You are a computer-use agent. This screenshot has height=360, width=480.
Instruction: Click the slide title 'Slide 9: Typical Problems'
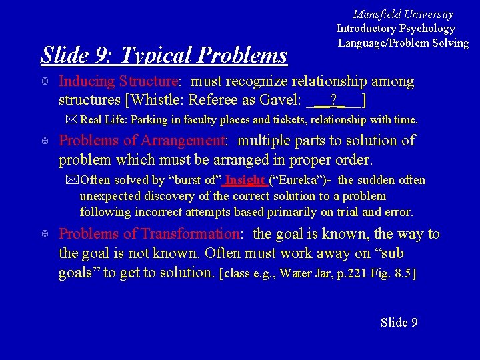coord(164,55)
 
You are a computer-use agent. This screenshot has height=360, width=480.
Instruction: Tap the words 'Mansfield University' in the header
coord(403,14)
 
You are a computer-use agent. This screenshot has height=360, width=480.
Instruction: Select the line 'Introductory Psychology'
coord(395,29)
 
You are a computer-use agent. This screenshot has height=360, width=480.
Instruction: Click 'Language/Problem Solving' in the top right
coord(403,43)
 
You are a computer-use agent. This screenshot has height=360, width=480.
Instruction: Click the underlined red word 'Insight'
coord(245,181)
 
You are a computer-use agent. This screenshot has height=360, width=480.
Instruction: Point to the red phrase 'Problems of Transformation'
coord(149,234)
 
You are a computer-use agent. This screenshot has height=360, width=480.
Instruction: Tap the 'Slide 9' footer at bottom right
coord(399,323)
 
